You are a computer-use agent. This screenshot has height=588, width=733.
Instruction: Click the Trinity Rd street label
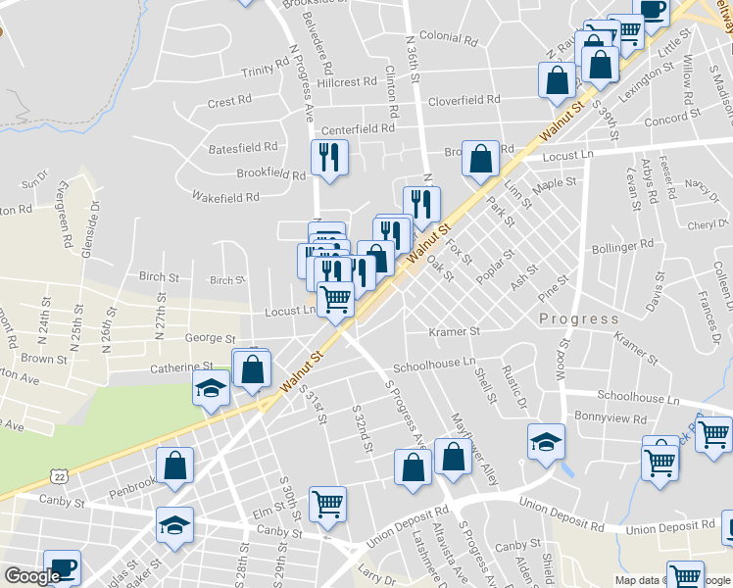(267, 71)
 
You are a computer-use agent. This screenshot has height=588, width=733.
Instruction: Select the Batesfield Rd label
(243, 147)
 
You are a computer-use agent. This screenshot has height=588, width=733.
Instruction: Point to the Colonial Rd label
(448, 40)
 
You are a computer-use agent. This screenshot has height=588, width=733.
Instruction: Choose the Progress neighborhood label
(579, 319)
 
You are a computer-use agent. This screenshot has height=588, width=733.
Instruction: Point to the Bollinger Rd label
(624, 246)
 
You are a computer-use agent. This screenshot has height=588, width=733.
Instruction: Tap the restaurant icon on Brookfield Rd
(328, 158)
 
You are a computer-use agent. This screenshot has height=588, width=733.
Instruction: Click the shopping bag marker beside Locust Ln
(480, 159)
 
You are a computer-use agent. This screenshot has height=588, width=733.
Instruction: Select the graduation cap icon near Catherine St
(211, 389)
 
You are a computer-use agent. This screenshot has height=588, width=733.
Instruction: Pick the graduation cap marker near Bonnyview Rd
(546, 442)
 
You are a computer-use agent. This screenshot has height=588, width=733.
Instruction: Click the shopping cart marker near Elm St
(327, 504)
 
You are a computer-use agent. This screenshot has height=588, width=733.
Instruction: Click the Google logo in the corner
(32, 576)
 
